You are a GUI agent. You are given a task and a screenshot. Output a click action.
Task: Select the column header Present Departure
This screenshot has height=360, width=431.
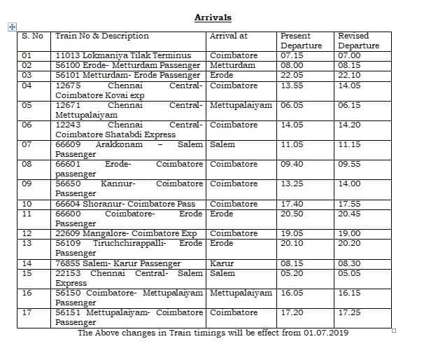295,41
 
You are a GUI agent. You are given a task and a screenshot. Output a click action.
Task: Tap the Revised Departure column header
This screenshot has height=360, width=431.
358,41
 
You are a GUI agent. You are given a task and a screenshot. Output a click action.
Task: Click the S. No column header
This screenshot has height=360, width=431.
33,36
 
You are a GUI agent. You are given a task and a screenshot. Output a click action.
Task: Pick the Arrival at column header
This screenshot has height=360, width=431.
229,36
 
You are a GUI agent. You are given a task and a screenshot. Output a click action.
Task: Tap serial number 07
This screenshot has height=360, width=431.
27,144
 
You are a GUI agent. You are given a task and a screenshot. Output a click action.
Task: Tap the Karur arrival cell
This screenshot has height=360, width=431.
222,263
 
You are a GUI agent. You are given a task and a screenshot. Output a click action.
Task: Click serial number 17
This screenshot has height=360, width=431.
27,312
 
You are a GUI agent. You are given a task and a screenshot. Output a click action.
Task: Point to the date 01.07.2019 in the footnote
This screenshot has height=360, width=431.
327,333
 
